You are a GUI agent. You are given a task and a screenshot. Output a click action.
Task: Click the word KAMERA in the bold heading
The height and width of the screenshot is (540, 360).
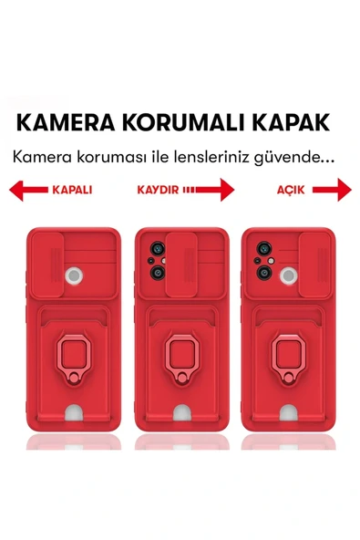click(67, 123)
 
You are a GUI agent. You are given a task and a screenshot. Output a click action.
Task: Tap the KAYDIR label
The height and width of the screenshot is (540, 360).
click(158, 191)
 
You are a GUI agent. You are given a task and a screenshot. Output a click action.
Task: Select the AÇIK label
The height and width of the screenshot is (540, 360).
click(291, 191)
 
